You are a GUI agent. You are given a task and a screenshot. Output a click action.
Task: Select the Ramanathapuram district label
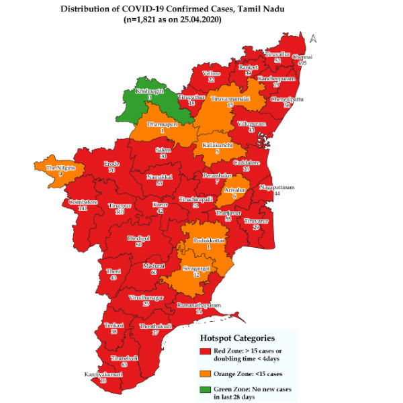[x=199, y=306]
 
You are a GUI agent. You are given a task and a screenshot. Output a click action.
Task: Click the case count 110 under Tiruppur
[x=121, y=212]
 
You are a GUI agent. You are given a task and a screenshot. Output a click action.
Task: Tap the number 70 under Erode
[x=111, y=171]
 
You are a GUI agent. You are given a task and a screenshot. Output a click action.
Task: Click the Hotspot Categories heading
[x=240, y=338]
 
